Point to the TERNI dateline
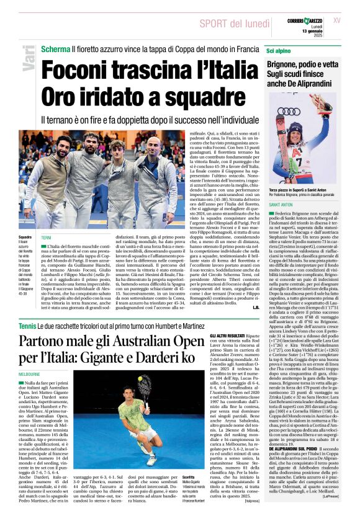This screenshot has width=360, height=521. point(47,238)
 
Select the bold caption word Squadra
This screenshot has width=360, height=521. point(25,238)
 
